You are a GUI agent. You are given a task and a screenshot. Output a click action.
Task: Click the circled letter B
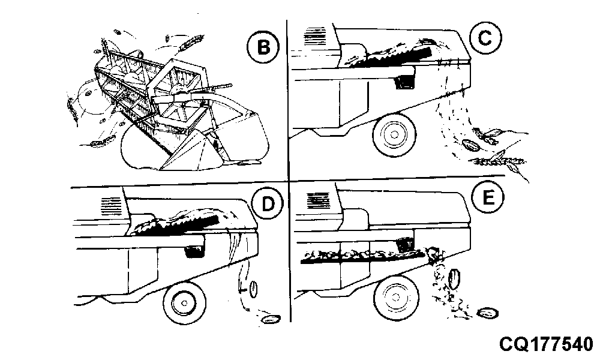coord(263,47)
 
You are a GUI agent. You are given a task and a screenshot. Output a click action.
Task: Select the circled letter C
coord(485,38)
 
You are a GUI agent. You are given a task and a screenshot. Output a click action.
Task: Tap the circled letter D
coord(268,204)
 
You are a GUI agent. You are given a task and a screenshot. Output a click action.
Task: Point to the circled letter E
coord(487,198)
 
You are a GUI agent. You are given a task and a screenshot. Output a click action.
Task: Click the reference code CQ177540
coord(545,344)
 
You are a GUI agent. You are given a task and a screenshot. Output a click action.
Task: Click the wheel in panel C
coord(394,134)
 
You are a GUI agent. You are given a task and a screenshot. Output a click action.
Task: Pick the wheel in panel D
coord(184,303)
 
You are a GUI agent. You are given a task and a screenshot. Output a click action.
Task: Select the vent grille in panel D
coord(112,206)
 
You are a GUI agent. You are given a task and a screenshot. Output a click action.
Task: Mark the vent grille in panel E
coord(319,200)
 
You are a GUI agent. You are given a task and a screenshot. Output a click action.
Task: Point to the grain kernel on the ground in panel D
coord(271,318)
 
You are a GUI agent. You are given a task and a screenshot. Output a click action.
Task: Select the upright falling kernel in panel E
coord(455,279)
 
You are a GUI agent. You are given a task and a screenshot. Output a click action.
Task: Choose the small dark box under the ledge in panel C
coord(403,81)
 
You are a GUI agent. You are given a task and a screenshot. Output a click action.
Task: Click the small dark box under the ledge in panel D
coord(194,251)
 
